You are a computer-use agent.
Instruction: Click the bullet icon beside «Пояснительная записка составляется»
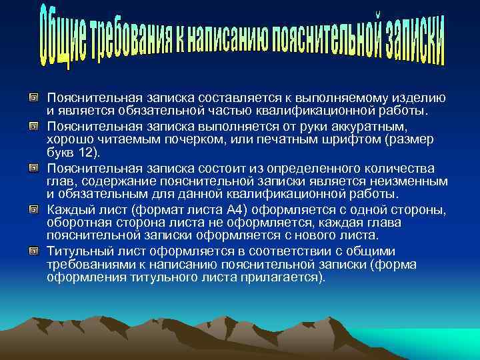(32, 99)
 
